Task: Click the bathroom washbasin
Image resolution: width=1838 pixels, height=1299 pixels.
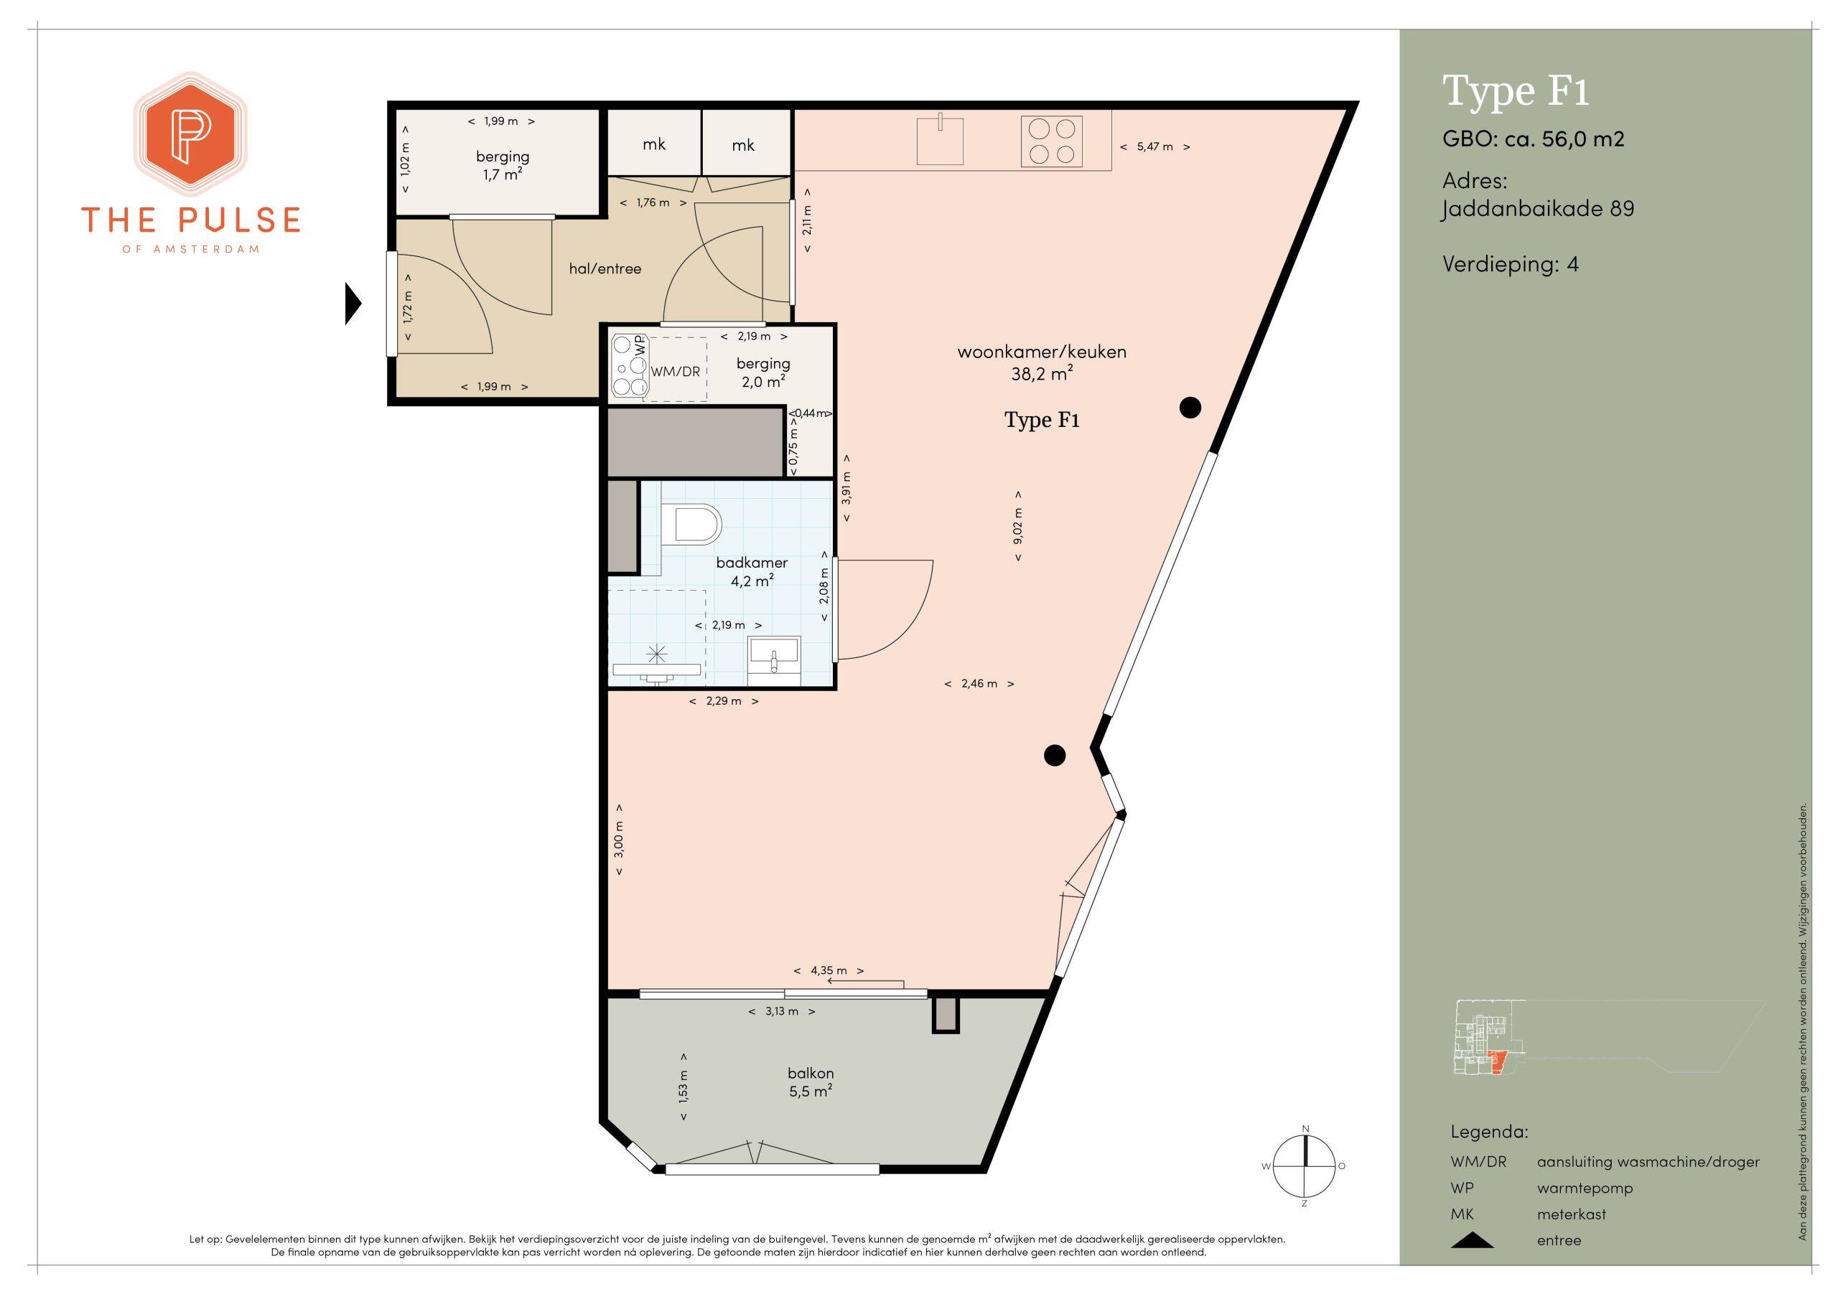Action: [x=773, y=660]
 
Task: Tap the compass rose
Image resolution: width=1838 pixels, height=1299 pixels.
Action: [x=1305, y=1166]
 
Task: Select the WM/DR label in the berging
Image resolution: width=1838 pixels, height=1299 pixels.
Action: [x=676, y=371]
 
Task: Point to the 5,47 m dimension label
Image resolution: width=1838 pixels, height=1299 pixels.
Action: [x=1155, y=146]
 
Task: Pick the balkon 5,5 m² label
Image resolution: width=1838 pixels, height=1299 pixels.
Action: [x=810, y=1082]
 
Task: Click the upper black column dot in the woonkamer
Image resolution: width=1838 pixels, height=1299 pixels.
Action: [x=1190, y=408]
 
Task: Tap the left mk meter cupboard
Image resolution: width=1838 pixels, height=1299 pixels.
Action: [x=655, y=144]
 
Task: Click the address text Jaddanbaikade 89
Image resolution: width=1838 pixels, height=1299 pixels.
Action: [x=1538, y=210]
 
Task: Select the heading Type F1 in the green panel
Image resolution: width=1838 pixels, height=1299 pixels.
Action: [x=1516, y=90]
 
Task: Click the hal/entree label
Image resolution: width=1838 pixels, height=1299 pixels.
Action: [x=605, y=269]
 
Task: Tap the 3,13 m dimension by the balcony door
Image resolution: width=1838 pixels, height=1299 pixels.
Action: [x=782, y=1011]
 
